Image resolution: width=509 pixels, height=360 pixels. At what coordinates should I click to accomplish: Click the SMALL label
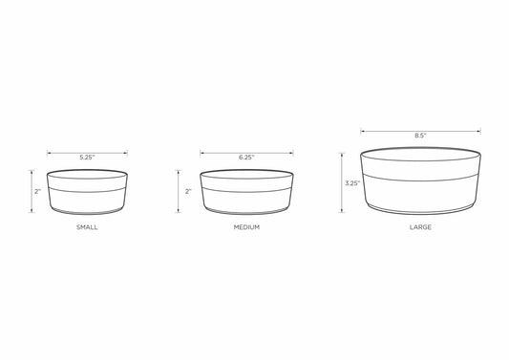coord(87,227)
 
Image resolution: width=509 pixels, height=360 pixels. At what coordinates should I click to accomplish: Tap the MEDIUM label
coord(246,227)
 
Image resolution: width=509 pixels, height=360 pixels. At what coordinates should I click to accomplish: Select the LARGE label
coord(420,227)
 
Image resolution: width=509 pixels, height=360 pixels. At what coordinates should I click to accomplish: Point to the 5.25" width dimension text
coord(87,158)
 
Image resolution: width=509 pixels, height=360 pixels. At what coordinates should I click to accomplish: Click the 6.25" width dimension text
coord(246,158)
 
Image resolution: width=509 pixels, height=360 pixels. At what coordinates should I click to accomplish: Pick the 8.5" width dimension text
coord(420,136)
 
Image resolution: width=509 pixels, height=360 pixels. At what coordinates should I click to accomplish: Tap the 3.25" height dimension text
coord(352,183)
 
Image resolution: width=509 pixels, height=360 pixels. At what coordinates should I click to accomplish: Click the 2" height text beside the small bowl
coord(38,192)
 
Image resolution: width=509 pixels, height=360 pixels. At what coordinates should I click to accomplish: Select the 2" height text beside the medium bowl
coord(188,192)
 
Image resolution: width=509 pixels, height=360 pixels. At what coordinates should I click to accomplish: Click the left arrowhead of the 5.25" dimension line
coord(49,153)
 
